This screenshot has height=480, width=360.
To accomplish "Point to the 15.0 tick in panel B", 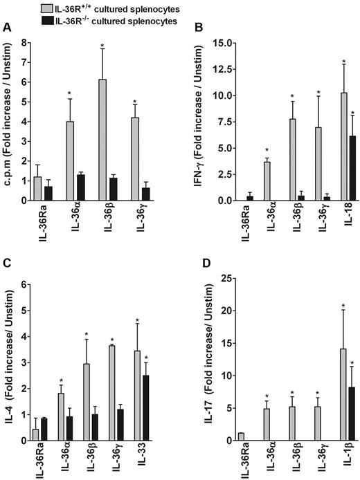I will click(x=217, y=43).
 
